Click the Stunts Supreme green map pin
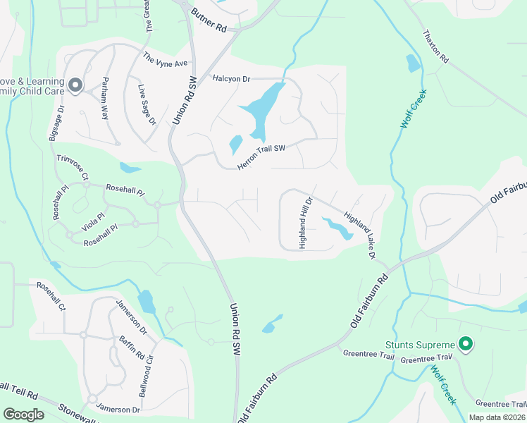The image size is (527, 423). tap(465, 344)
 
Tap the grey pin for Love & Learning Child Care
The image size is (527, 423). tap(75, 86)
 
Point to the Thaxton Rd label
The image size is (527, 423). tap(435, 47)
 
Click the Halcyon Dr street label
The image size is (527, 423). tap(231, 79)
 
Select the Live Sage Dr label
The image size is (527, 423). tap(147, 105)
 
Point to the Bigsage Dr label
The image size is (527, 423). tap(56, 124)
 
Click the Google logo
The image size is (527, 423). tap(23, 415)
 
